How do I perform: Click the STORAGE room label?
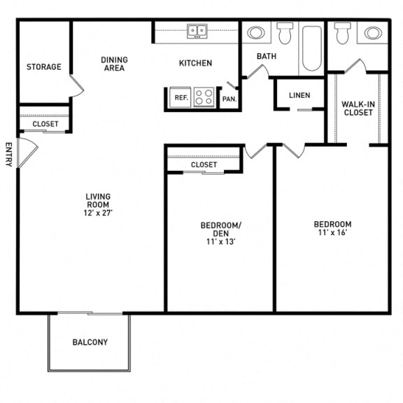click(x=43, y=67)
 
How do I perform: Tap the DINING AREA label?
click(x=113, y=64)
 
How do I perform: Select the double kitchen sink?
click(x=197, y=31)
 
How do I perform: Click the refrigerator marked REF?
click(x=181, y=99)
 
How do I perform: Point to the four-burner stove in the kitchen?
click(x=204, y=97)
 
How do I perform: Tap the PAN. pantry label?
click(x=229, y=99)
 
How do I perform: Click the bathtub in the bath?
click(x=311, y=48)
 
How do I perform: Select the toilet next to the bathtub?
click(x=285, y=33)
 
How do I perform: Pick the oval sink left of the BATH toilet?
click(x=257, y=32)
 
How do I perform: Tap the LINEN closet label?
click(x=299, y=95)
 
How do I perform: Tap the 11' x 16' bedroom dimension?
click(x=332, y=234)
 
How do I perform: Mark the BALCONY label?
click(x=90, y=342)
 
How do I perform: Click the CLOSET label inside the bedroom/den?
click(x=204, y=164)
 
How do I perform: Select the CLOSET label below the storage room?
click(x=45, y=124)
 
